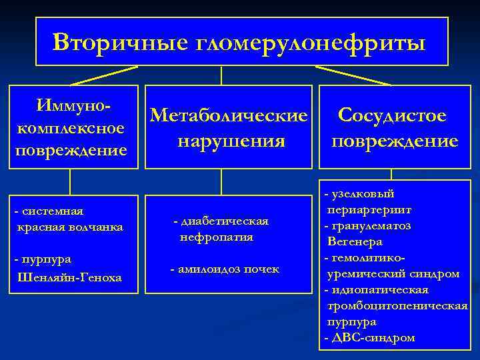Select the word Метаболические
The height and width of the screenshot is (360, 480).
point(230,115)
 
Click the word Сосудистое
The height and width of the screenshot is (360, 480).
point(393,115)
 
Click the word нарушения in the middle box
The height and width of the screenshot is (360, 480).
point(231,141)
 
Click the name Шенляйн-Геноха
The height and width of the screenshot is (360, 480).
point(69,276)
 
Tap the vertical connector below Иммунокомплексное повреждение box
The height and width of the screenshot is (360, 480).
point(70,181)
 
